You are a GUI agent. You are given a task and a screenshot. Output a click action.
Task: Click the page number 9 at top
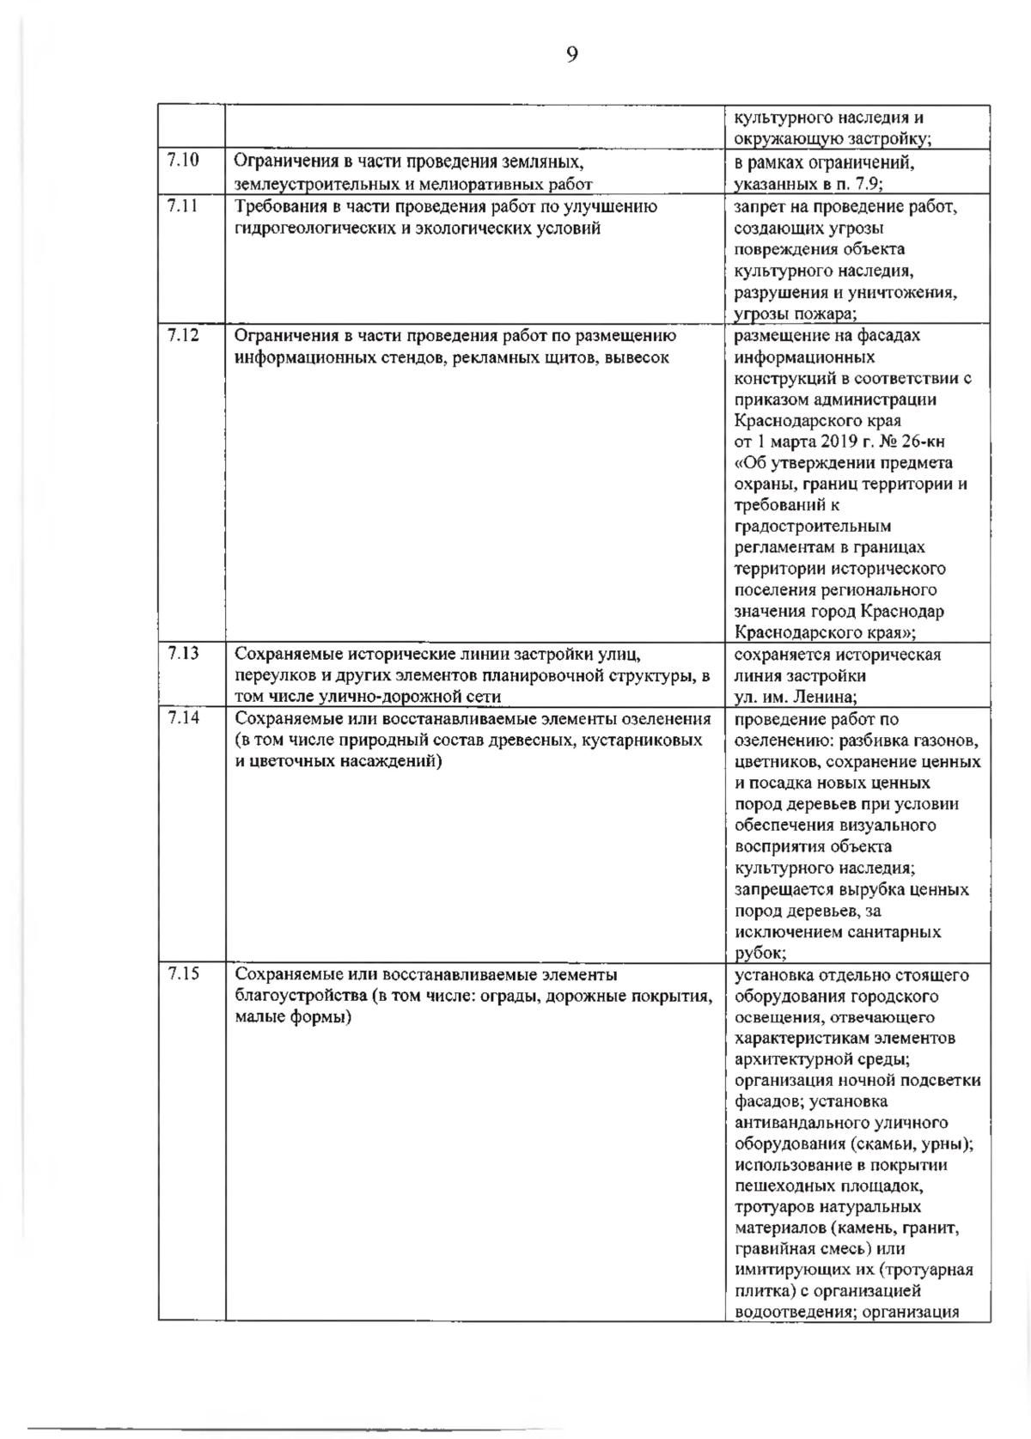click(x=572, y=55)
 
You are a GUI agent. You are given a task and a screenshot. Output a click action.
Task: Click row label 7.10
click(x=182, y=160)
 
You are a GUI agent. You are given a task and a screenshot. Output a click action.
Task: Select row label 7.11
click(x=182, y=205)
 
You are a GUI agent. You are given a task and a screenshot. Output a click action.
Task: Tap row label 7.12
click(x=182, y=334)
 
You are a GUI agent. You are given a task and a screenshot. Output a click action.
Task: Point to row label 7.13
click(x=182, y=653)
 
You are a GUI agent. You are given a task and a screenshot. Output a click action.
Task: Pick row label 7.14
click(x=182, y=717)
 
